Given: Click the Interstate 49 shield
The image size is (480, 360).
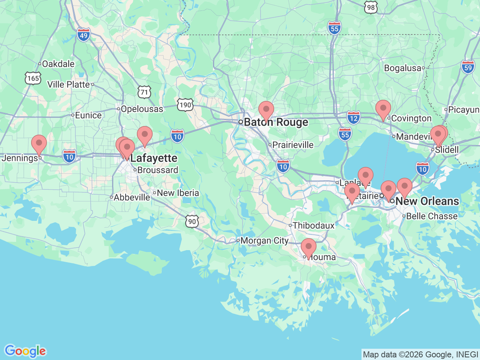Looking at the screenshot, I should point(84,36).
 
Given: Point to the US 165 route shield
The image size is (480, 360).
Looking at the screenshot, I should point(33,78).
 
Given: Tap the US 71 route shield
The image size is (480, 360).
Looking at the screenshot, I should point(144,92).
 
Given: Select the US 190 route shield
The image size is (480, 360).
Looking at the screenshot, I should point(185,105).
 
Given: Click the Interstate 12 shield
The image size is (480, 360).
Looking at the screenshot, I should point(353,118).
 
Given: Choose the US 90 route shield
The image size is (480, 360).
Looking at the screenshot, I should point(192,221).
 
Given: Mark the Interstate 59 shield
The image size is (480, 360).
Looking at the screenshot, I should point(468,67).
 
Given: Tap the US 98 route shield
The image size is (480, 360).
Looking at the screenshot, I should point(370,7).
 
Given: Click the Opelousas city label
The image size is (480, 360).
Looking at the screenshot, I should point(142,109).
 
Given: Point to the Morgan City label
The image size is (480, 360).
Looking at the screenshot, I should point(264,241).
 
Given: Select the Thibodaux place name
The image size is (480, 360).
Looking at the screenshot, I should point(313,225).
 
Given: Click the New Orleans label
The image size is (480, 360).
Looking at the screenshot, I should point(427,201).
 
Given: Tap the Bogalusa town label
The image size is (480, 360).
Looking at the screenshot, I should point(403,68).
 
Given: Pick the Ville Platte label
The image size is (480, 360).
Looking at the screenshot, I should point(69,85).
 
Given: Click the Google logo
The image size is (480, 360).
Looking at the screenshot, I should point(25,351).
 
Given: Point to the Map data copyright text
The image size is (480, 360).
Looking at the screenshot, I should point(420,354).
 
